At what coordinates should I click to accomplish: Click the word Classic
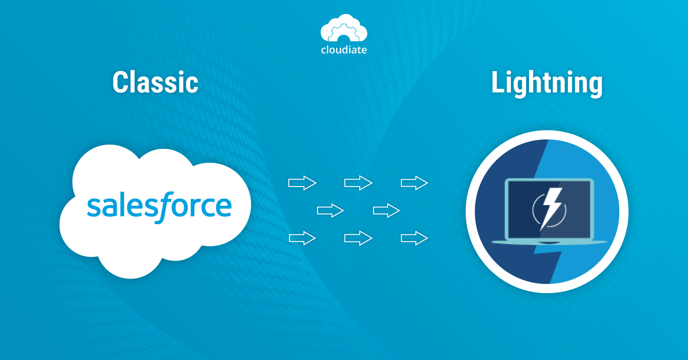coord(155,83)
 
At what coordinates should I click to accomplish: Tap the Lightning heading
coord(547,84)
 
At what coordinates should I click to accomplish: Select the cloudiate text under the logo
coord(344,50)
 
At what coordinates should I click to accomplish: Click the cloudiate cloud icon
coord(344,29)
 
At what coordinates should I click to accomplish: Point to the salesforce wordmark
coord(159,207)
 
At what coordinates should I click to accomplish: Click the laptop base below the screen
coord(549,242)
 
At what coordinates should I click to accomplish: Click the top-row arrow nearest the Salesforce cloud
coord(302,183)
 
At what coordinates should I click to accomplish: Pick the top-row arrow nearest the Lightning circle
coord(414,183)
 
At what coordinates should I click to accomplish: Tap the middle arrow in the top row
coord(358,183)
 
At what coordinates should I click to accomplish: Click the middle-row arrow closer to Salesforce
coord(330,211)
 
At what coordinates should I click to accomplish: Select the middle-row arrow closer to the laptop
coord(386,211)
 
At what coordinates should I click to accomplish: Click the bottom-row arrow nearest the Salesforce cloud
coord(302,239)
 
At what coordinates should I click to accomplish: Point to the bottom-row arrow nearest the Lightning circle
coord(414,239)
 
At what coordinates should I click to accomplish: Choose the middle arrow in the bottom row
coord(358,239)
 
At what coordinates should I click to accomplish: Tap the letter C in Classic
coord(120,83)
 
